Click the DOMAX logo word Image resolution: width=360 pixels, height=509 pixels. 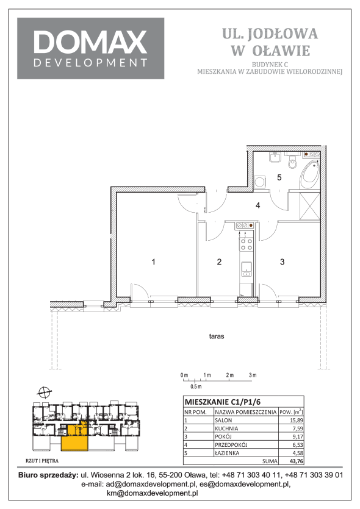[x=90, y=41]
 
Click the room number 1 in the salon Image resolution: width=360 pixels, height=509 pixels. [x=153, y=262]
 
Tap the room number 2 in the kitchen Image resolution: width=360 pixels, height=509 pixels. [x=219, y=262]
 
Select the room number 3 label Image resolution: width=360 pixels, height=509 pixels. [x=283, y=262]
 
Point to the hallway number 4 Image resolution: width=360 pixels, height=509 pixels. [x=257, y=205]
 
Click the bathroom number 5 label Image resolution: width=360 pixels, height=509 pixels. [x=279, y=177]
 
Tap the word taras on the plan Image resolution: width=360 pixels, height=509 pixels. [x=217, y=336]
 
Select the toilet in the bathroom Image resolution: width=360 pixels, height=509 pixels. [x=293, y=162]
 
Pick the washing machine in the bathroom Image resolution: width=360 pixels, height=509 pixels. [x=259, y=182]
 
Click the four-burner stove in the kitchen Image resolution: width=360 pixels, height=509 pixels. [x=246, y=244]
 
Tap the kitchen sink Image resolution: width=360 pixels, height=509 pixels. [x=247, y=269]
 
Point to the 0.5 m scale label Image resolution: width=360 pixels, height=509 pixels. [x=196, y=386]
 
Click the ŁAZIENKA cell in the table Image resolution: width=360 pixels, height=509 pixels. [x=227, y=453]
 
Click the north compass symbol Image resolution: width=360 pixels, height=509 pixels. [x=43, y=392]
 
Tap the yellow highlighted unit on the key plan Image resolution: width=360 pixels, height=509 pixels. [x=74, y=437]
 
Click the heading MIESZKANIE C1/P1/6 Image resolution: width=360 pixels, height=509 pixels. [x=223, y=402]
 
